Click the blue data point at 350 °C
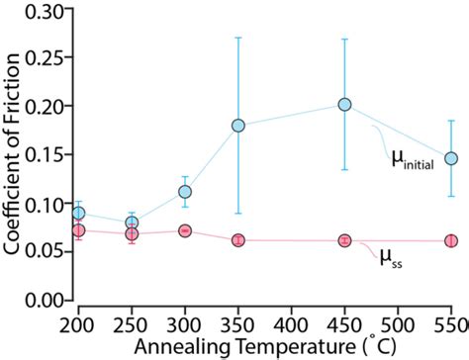click(238, 126)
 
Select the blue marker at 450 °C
click(345, 104)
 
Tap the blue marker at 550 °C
click(451, 158)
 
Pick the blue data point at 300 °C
click(185, 191)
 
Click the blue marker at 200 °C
click(79, 213)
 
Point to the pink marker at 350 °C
click(238, 240)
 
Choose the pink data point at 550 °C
click(451, 240)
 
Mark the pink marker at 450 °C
click(345, 240)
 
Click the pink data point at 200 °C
click(79, 229)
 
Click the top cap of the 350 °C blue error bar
click(238, 38)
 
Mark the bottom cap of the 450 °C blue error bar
click(345, 169)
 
